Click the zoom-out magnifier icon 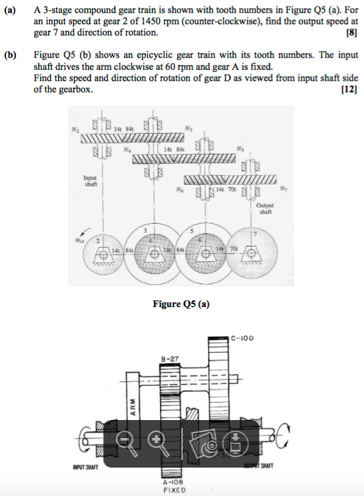(125, 440)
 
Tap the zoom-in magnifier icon (156, 440)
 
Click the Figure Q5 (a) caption (182, 304)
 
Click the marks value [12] (347, 90)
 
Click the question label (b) (11, 56)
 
